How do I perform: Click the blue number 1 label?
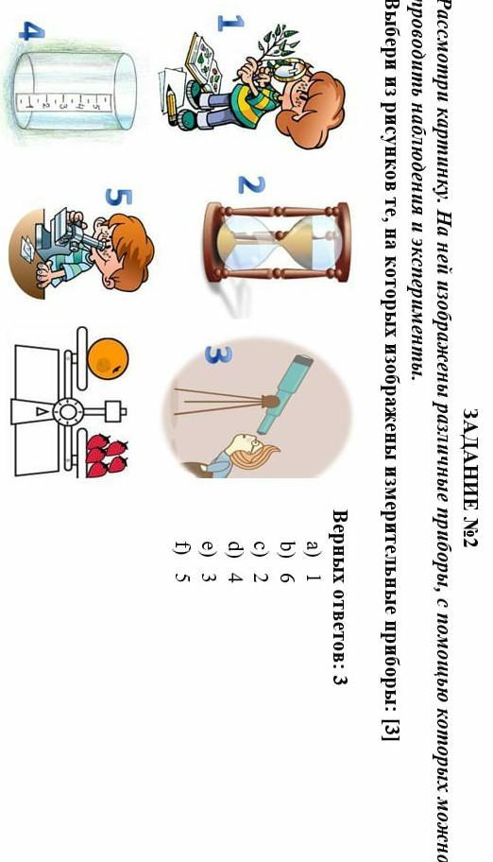pos(230,23)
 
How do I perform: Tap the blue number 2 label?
pos(251,184)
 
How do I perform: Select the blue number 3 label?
pos(218,354)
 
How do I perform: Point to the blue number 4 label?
pos(32,31)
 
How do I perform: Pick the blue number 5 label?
pos(119,197)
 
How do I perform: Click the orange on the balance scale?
pos(108,358)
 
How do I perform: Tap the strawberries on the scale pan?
pos(107,456)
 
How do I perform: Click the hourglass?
pos(277,242)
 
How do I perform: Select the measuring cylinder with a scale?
pos(75,92)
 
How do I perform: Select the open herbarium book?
pos(203,62)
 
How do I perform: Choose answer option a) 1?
pos(313,560)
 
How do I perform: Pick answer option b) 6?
pos(287,560)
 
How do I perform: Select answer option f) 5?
pos(182,560)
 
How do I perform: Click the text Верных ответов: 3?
pos(341,597)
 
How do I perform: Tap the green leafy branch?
pos(266,55)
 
